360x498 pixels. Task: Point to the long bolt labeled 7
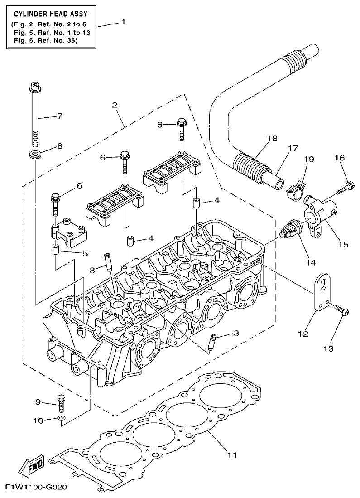[x=35, y=116]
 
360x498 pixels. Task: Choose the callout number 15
[x=343, y=244]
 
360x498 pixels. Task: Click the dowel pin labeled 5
[x=56, y=249]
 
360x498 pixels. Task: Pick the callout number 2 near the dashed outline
[x=115, y=105]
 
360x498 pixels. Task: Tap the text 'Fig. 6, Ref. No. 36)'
[x=46, y=40]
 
